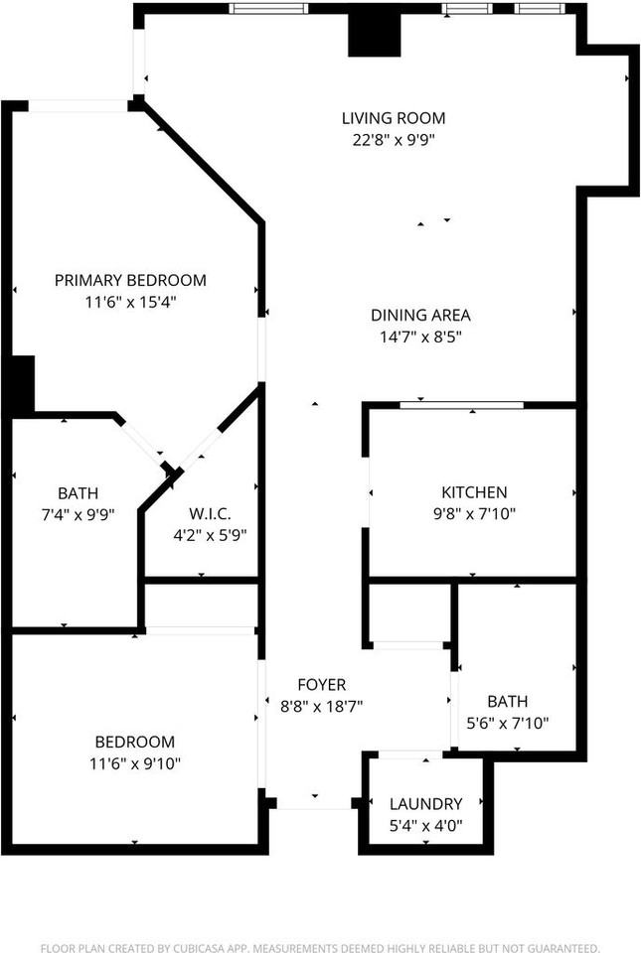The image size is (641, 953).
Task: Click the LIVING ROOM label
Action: coord(393,118)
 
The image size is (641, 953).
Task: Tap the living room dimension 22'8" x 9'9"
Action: coord(393,140)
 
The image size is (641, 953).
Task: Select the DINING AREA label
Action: coord(420,315)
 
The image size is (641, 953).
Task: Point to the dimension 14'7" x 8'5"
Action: coord(420,337)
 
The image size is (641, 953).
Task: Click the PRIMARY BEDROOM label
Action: coord(130,280)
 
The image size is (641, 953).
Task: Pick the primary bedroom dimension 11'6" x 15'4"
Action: coord(130,302)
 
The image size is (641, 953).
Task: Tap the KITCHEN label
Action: coord(474,492)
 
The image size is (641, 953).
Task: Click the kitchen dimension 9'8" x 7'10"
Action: coord(474,514)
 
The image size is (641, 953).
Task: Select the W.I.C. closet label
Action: coord(210,513)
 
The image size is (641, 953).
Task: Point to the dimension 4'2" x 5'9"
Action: coord(210,535)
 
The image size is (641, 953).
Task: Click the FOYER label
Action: coord(322,685)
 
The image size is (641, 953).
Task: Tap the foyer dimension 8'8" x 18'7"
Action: coord(322,707)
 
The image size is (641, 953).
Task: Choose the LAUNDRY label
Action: coord(425,804)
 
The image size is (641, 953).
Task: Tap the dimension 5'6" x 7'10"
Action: coord(508,723)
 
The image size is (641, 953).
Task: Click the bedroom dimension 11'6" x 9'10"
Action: coord(134,763)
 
